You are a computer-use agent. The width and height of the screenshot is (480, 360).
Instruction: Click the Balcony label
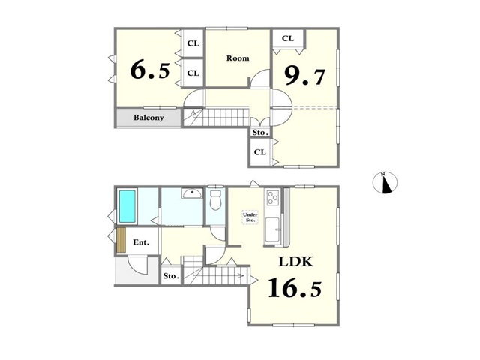(148, 118)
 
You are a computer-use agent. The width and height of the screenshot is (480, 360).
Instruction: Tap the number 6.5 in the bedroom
(150, 70)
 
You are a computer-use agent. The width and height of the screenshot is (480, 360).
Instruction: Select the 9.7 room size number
(304, 76)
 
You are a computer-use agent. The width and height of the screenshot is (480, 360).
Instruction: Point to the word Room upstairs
(238, 58)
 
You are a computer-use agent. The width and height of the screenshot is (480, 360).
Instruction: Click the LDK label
(295, 262)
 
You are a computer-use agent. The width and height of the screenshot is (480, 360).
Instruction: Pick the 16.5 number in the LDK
(295, 287)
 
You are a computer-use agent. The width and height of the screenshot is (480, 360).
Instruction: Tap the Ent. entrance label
(141, 242)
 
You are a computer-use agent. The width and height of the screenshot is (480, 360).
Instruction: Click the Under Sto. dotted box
(250, 217)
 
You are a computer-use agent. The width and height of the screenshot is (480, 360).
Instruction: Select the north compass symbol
(385, 183)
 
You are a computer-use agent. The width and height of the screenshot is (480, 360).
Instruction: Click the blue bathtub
(127, 206)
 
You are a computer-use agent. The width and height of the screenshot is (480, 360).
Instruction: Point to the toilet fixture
(215, 200)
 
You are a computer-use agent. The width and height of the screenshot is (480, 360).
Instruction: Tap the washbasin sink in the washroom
(192, 193)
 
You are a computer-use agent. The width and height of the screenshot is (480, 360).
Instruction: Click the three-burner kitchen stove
(273, 197)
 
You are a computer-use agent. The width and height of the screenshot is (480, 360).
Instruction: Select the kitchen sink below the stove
(272, 229)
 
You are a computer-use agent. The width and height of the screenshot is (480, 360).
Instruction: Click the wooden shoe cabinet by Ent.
(121, 240)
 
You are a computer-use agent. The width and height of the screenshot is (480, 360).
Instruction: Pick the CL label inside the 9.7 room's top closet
(288, 38)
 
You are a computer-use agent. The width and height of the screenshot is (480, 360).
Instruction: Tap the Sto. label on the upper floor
(260, 133)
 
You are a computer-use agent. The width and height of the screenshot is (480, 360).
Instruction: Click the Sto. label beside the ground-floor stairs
(171, 276)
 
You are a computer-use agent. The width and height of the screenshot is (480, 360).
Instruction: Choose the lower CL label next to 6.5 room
(193, 73)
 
